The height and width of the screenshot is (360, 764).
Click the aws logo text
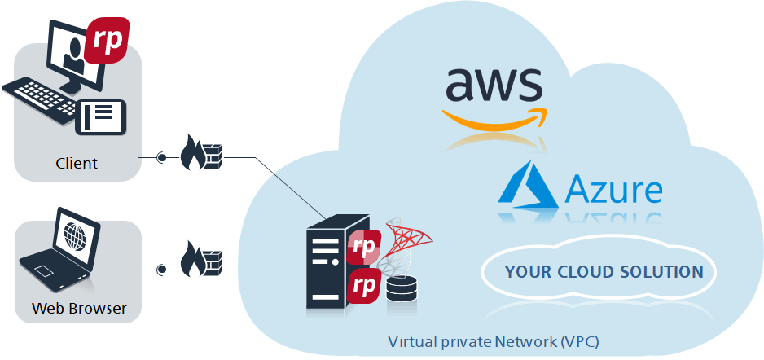[493, 84]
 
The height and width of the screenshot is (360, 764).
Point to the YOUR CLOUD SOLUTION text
[603, 272]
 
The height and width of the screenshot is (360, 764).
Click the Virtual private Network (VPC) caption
[498, 341]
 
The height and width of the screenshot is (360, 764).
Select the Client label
[77, 163]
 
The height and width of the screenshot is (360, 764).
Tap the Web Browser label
[79, 309]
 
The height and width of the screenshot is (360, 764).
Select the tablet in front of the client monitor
[102, 116]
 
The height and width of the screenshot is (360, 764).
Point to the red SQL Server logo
[406, 240]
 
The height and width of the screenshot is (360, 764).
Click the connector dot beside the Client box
[161, 157]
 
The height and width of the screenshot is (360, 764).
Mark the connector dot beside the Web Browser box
[161, 269]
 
